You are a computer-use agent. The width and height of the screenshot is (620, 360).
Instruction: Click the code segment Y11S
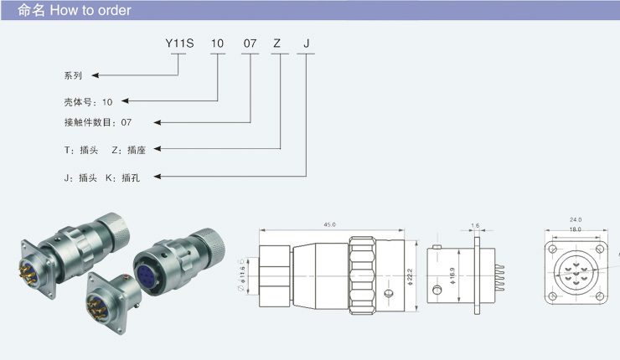click(x=178, y=42)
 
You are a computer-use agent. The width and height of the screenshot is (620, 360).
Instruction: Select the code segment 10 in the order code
click(x=217, y=42)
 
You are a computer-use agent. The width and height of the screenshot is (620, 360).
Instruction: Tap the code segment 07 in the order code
click(x=251, y=42)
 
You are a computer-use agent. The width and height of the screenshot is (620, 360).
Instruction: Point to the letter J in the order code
click(x=306, y=42)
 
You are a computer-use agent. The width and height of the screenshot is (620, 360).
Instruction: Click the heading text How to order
click(x=90, y=11)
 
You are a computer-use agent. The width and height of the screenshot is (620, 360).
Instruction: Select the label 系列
click(x=74, y=75)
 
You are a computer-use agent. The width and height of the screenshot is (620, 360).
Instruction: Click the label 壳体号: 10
click(x=88, y=101)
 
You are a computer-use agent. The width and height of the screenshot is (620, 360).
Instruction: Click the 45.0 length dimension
click(x=329, y=224)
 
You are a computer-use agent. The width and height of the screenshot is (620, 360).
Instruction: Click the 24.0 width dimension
click(x=576, y=220)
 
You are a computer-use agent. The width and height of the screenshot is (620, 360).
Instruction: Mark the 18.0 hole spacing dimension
click(x=576, y=229)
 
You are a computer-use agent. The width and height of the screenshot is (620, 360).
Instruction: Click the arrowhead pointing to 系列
click(x=92, y=75)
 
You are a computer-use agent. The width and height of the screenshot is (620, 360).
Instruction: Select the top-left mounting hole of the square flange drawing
click(x=553, y=249)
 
